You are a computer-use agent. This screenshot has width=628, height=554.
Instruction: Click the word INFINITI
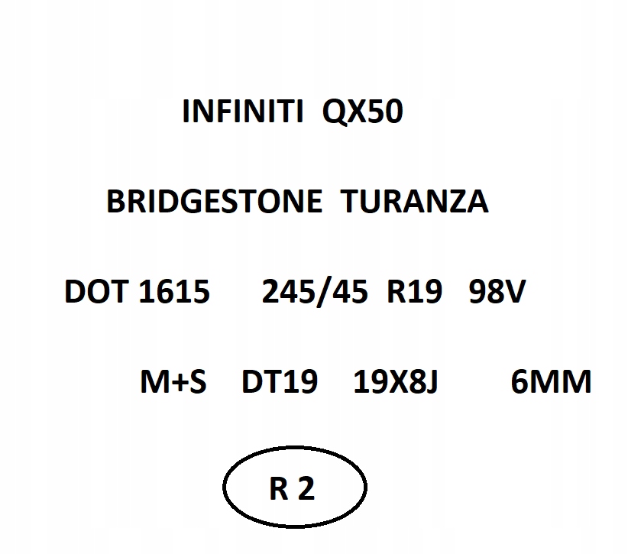pos(243,111)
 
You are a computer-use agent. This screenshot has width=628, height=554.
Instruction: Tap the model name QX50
pos(362,112)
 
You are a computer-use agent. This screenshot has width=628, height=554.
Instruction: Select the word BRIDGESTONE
pos(214,201)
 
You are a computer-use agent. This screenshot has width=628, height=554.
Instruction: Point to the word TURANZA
pos(415,201)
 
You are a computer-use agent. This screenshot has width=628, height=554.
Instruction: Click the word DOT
pos(96,291)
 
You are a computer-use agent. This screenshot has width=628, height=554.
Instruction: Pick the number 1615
pos(174,291)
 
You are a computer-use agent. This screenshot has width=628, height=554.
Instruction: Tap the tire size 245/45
pos(315,291)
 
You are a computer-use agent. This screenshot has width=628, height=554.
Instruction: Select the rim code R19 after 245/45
pos(415,291)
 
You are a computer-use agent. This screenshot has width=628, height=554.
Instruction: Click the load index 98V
pos(497,291)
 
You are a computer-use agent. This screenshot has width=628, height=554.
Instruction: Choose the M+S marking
pos(173,381)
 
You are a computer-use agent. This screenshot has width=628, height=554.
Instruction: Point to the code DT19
pos(280,381)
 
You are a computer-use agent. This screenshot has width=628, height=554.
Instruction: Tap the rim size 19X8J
pos(395,381)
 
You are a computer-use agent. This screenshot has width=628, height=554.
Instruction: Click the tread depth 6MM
pos(551,381)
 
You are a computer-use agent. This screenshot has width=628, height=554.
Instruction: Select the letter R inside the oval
pos(279,489)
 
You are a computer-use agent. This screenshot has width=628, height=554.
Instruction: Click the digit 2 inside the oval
pos(306,488)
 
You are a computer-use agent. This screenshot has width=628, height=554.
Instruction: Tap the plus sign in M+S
pos(176,383)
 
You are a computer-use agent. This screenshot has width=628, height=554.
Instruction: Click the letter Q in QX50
pos(333,112)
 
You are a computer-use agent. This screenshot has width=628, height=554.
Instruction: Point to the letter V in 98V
pos(515,291)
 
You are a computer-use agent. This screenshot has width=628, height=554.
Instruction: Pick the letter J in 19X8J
pos(432,382)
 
